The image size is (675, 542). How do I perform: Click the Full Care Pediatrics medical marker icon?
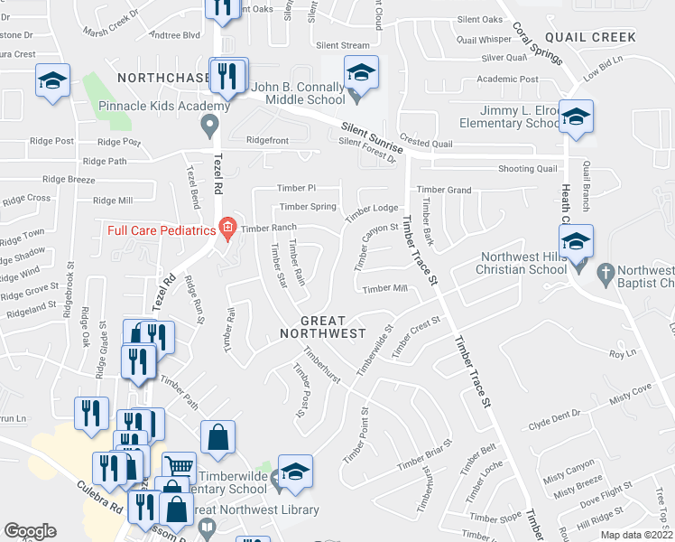[227, 230]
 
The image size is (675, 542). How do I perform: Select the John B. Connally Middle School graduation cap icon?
[361, 71]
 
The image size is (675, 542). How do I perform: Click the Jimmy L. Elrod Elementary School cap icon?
[576, 117]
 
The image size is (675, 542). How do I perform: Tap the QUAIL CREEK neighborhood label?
[590, 37]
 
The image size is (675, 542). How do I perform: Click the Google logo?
[30, 531]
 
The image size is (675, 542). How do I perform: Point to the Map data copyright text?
[637, 535]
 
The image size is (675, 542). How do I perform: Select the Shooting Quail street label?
[528, 169]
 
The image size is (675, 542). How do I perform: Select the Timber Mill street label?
[384, 289]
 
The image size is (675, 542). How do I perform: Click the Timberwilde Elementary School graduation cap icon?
[294, 472]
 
